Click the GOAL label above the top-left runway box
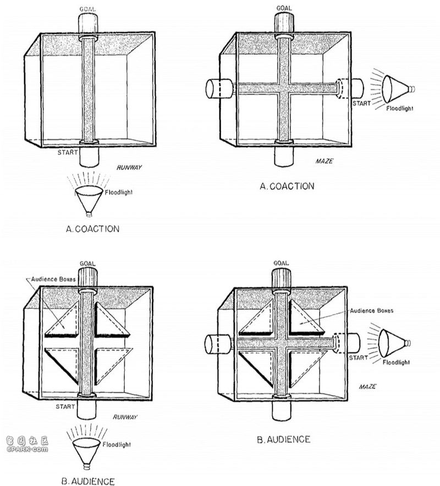[87, 9]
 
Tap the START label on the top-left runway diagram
[68, 152]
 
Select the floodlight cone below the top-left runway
[89, 200]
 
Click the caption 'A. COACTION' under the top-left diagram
[92, 229]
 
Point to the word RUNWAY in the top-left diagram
[129, 167]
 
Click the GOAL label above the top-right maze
[284, 8]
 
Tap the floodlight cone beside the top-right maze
[398, 89]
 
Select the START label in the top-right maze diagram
[361, 103]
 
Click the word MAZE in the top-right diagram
[324, 161]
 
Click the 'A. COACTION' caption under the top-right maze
[287, 186]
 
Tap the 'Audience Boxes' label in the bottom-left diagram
[53, 279]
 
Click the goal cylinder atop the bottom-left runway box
[87, 278]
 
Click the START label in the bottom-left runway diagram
[65, 406]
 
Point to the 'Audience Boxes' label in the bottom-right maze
[372, 310]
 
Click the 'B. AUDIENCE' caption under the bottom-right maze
[284, 440]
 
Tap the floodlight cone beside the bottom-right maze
[394, 343]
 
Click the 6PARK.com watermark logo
[27, 444]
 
